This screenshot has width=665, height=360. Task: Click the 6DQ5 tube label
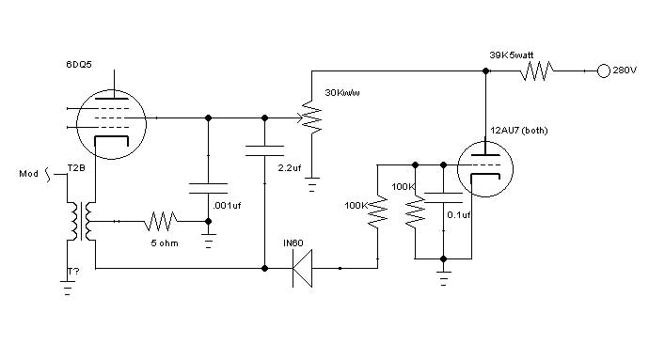coord(79,65)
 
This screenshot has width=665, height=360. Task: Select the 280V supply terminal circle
coord(604,70)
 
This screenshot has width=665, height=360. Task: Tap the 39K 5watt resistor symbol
coord(536,70)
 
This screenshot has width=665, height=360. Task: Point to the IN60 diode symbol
coord(302,268)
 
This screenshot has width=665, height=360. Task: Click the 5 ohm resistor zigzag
coord(161,221)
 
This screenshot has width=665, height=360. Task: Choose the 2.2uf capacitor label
coord(290,168)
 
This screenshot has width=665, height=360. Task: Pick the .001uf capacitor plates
coord(208,188)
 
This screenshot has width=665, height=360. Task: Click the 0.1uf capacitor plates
coord(443,198)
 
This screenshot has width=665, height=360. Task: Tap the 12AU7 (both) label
coord(519,131)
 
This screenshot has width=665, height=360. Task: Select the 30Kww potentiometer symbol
coord(311,117)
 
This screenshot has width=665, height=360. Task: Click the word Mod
coord(28,174)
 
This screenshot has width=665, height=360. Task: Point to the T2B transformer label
coord(76,168)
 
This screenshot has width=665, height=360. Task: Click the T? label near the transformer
coord(73,272)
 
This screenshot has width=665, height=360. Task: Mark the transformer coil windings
coord(82,221)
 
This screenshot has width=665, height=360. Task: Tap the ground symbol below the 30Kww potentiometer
coord(311,184)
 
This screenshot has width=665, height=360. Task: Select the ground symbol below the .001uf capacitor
coord(208,241)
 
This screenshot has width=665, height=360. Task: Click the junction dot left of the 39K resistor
coord(485,71)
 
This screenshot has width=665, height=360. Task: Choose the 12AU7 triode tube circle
coord(485,169)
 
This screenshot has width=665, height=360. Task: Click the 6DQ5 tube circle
coord(111,124)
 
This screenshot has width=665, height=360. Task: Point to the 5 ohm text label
coord(165,243)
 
